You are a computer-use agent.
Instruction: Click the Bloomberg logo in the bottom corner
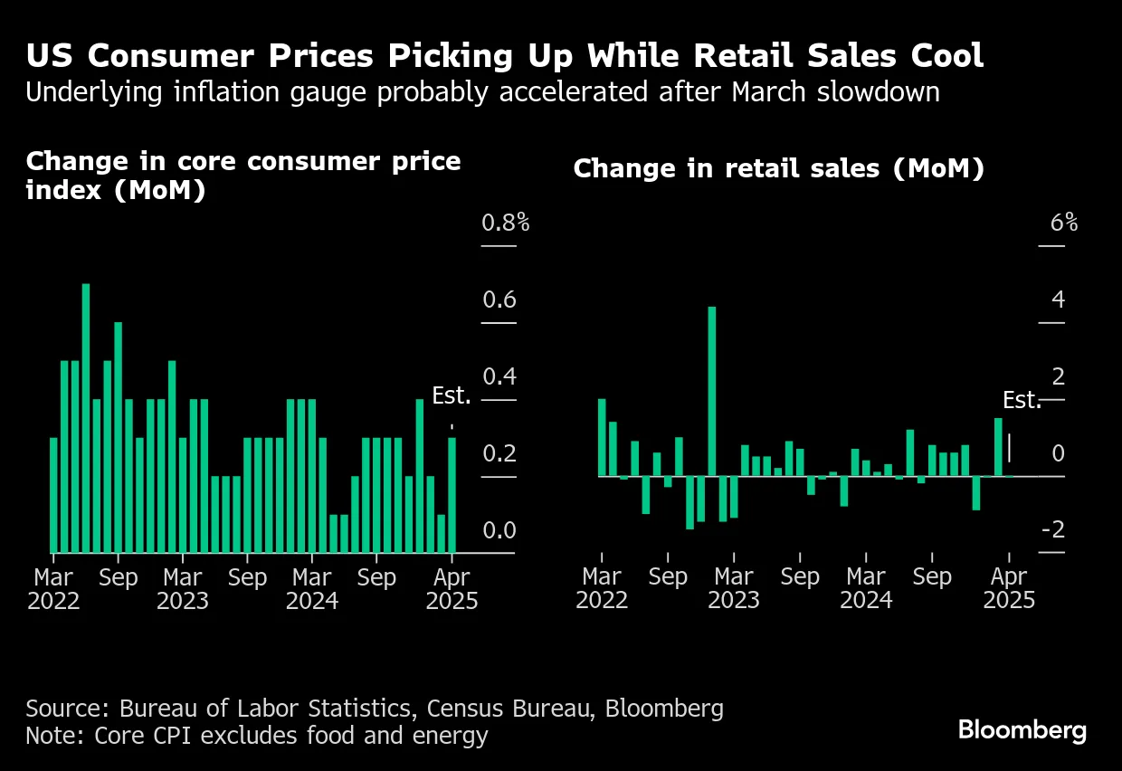1022,730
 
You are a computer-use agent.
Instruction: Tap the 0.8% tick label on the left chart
505,223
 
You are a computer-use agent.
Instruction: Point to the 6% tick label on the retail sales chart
1063,223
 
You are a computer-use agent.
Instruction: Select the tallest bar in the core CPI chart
86,417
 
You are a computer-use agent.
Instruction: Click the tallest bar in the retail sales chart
712,391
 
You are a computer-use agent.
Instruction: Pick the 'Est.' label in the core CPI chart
452,396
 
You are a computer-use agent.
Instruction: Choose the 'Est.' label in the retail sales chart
1022,401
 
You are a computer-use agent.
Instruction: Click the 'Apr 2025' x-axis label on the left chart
452,589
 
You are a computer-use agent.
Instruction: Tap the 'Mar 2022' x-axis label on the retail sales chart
602,589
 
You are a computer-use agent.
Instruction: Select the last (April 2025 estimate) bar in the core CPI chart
452,495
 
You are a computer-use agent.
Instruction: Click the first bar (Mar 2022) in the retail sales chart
602,437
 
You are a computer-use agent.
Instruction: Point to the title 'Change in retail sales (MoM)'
778,169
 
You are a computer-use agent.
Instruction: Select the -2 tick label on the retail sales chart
1052,530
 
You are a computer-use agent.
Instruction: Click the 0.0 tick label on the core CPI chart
499,530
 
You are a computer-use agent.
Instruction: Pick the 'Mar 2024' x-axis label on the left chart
312,589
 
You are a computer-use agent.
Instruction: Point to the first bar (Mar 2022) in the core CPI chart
53,495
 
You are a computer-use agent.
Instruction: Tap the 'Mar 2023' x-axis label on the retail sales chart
734,589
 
